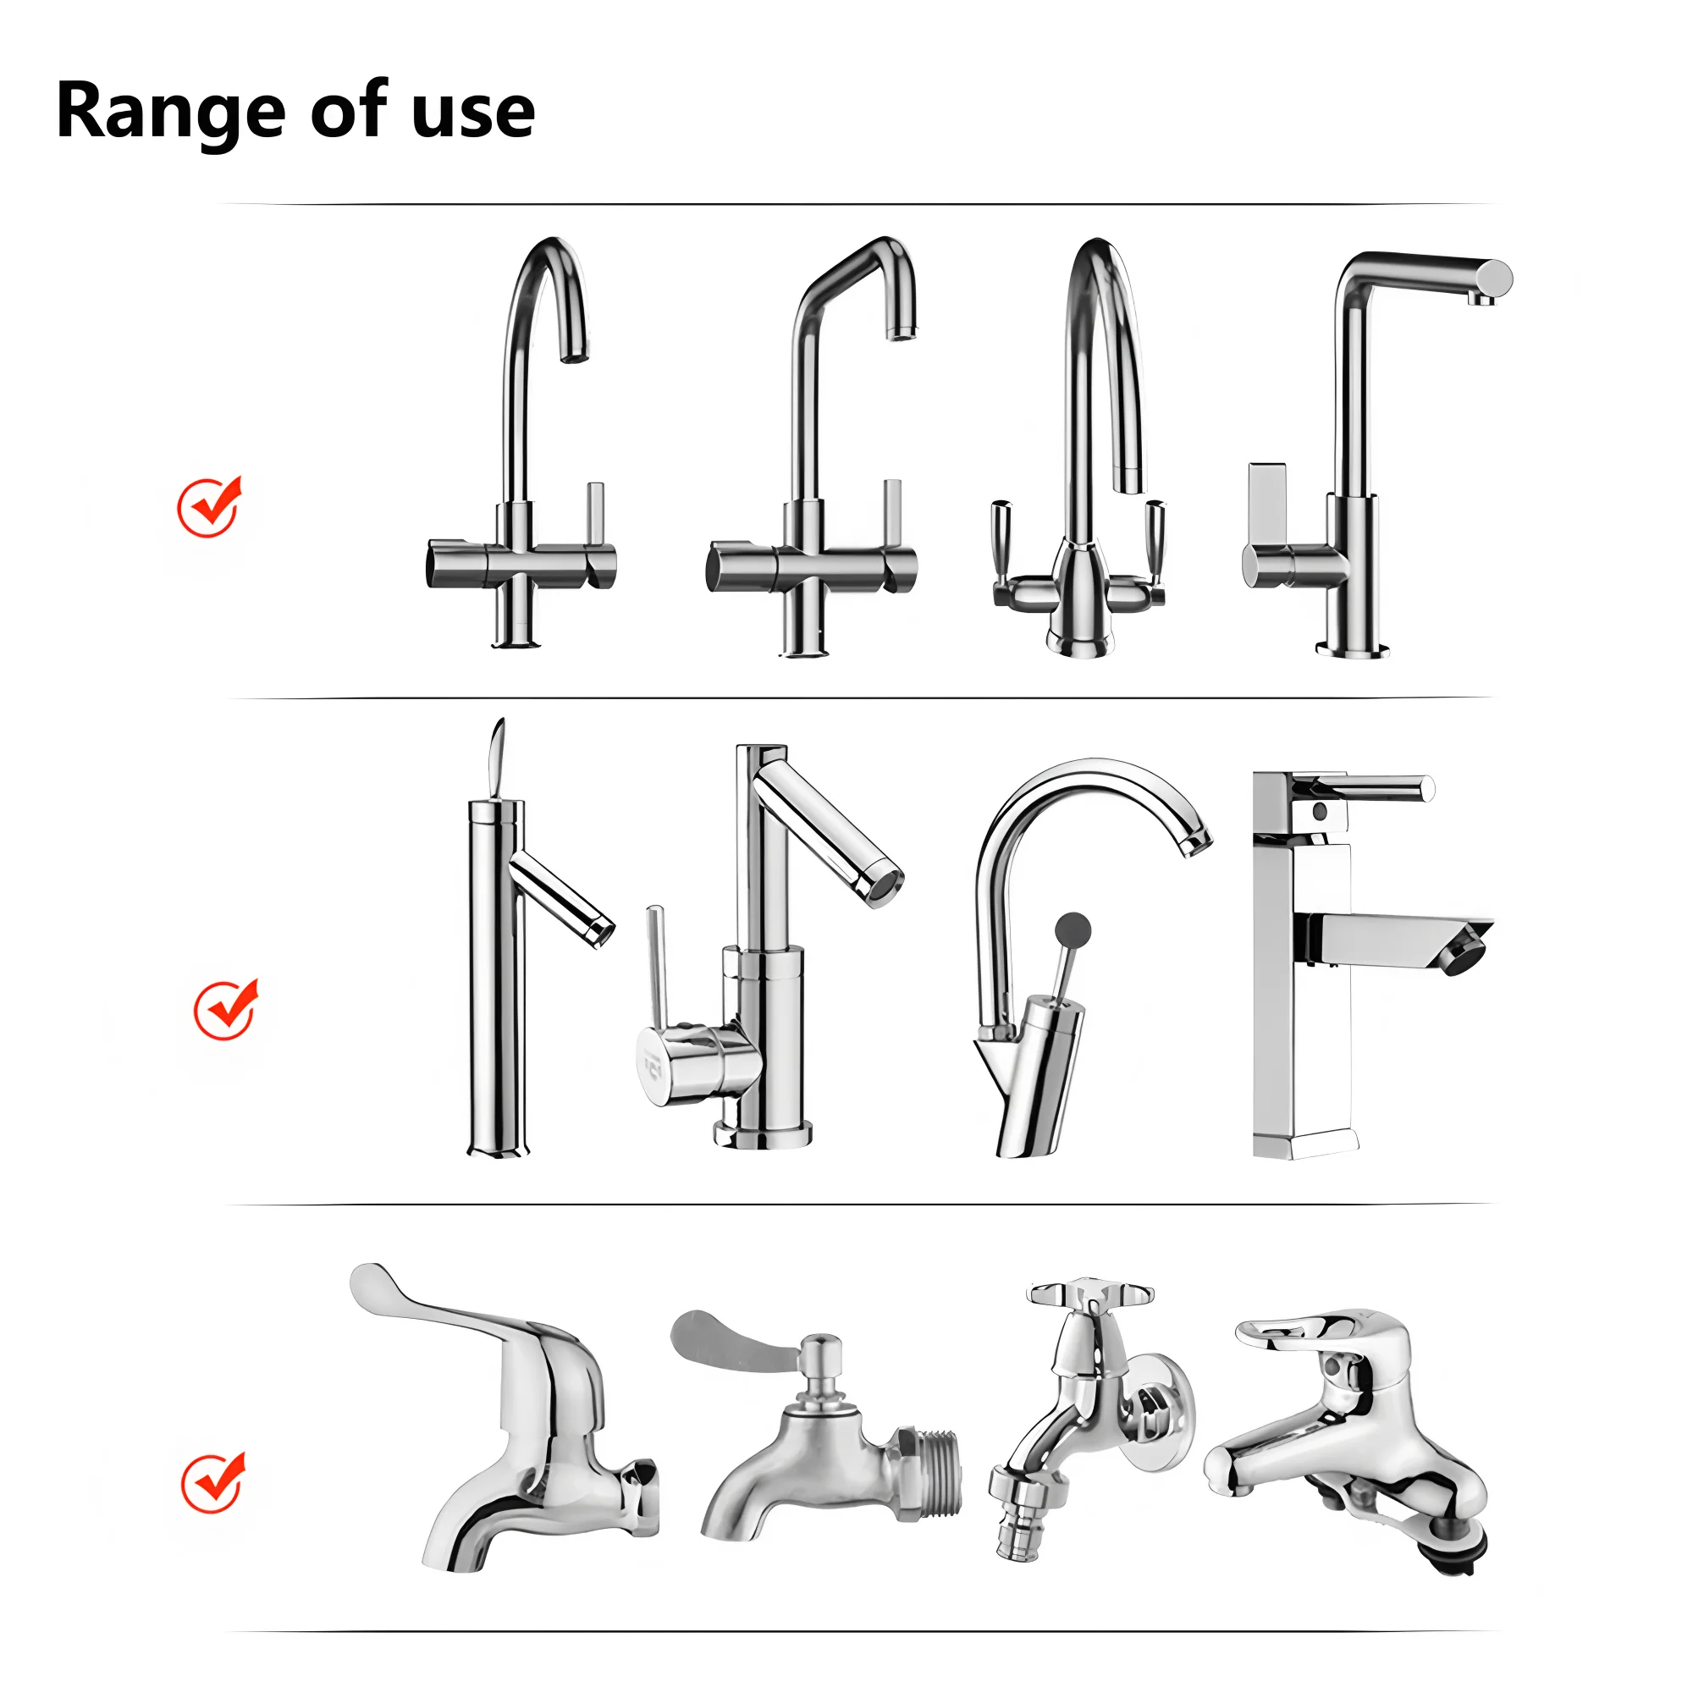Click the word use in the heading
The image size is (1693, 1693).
[472, 114]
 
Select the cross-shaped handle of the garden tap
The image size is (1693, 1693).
[1089, 1293]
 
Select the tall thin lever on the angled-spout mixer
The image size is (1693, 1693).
[657, 964]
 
